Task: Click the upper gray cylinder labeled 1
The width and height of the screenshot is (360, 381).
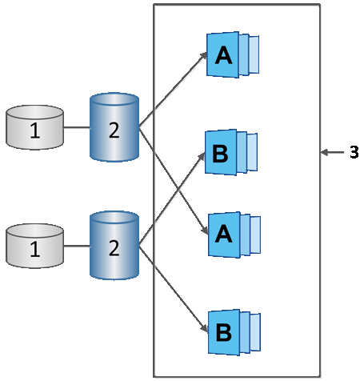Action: coord(34,129)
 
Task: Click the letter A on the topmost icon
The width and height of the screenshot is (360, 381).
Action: coord(223,54)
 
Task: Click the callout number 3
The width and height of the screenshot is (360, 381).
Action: coord(354,152)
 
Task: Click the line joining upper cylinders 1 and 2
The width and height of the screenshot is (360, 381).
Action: coord(76,127)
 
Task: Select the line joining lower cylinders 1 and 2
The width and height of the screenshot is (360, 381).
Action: coord(76,244)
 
